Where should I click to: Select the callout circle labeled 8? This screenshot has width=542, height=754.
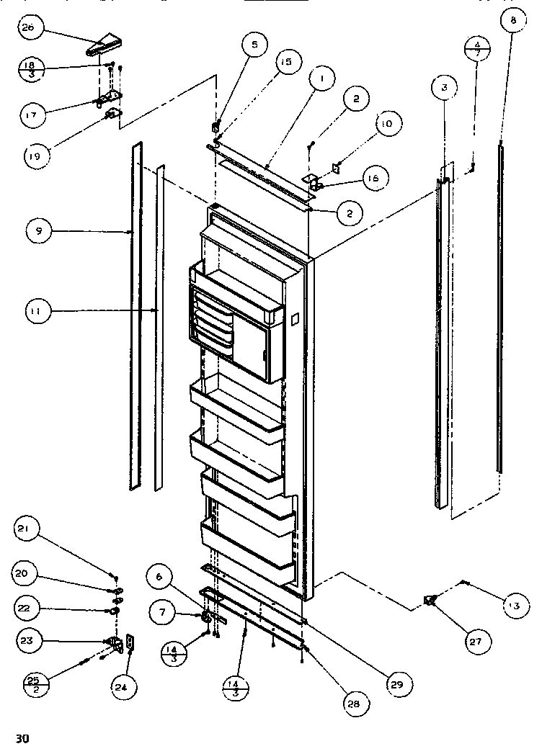(x=512, y=22)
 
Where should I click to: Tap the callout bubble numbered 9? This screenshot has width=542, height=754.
(x=37, y=232)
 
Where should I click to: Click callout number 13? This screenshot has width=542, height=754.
(x=512, y=606)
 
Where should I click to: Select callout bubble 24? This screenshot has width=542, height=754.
(x=125, y=687)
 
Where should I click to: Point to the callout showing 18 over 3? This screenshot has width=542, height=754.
(x=31, y=69)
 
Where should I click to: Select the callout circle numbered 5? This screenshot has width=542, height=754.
(x=254, y=45)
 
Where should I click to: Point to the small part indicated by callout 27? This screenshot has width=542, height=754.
(x=432, y=600)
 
